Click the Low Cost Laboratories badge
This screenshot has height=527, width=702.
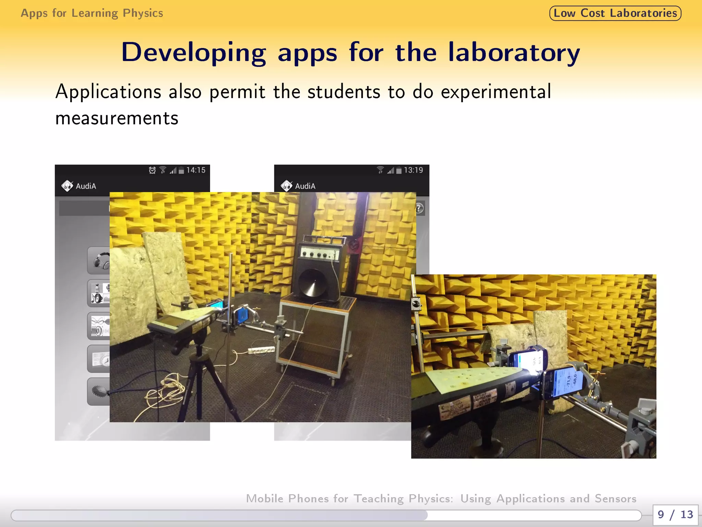click(615, 13)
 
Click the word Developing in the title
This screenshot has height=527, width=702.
click(193, 53)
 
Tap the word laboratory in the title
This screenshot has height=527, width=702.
click(514, 53)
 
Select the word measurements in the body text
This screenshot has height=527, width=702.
click(117, 118)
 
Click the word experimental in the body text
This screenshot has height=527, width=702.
click(496, 92)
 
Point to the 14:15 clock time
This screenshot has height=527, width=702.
click(196, 170)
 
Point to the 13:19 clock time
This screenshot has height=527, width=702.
click(413, 170)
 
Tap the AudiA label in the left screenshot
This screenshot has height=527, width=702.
click(86, 186)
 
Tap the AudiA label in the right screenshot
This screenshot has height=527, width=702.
click(305, 186)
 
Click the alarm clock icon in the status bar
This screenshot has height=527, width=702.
click(152, 170)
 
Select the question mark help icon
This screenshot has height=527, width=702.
click(420, 208)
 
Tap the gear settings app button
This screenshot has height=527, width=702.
click(99, 391)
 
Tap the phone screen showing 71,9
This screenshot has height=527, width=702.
click(567, 381)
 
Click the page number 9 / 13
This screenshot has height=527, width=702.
click(675, 515)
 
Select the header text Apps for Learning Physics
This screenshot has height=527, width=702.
click(92, 13)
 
